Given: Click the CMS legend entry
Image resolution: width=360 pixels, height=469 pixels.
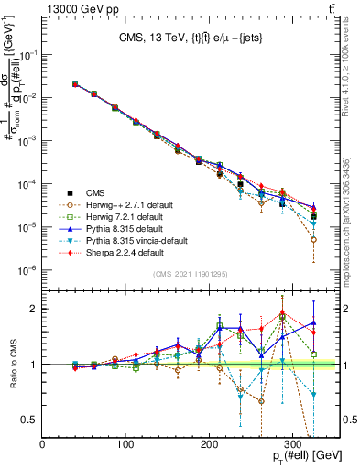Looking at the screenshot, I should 96,192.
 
